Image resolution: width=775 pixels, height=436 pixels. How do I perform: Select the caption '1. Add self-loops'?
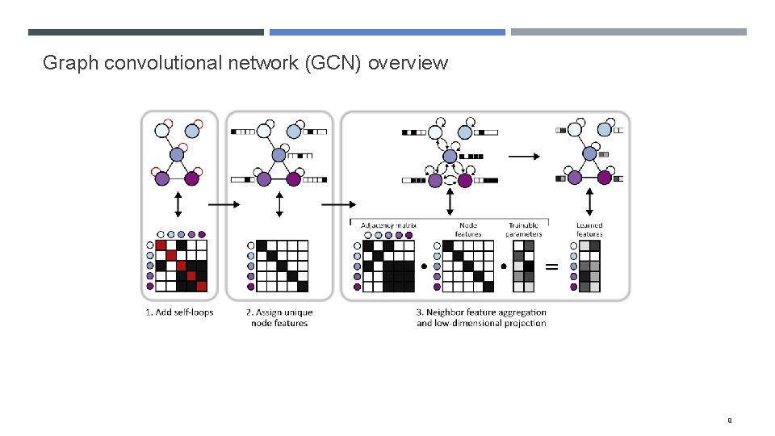pyautogui.click(x=179, y=312)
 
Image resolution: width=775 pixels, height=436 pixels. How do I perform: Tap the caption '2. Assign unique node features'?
pyautogui.click(x=279, y=317)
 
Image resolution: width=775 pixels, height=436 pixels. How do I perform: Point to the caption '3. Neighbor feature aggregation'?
pyautogui.click(x=481, y=312)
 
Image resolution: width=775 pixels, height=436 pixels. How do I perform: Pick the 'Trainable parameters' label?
pyautogui.click(x=525, y=229)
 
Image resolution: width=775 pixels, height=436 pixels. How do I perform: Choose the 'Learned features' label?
pyautogui.click(x=589, y=229)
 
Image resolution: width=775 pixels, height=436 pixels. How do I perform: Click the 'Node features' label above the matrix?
pyautogui.click(x=468, y=229)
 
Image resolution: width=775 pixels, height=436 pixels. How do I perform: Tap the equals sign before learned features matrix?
pyautogui.click(x=553, y=266)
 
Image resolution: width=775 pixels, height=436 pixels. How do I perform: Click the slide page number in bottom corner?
pyautogui.click(x=729, y=420)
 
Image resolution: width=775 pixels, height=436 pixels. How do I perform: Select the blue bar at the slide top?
pyautogui.click(x=387, y=32)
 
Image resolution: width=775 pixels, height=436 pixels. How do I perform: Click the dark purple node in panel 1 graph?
pyautogui.click(x=192, y=178)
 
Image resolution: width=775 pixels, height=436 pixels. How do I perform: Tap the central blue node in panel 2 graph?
pyautogui.click(x=279, y=154)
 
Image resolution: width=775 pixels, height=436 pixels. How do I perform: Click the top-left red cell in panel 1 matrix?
pyautogui.click(x=161, y=245)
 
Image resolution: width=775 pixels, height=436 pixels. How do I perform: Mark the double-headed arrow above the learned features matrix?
pyautogui.click(x=589, y=202)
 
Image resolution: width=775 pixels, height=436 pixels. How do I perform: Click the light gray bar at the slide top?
pyautogui.click(x=628, y=32)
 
